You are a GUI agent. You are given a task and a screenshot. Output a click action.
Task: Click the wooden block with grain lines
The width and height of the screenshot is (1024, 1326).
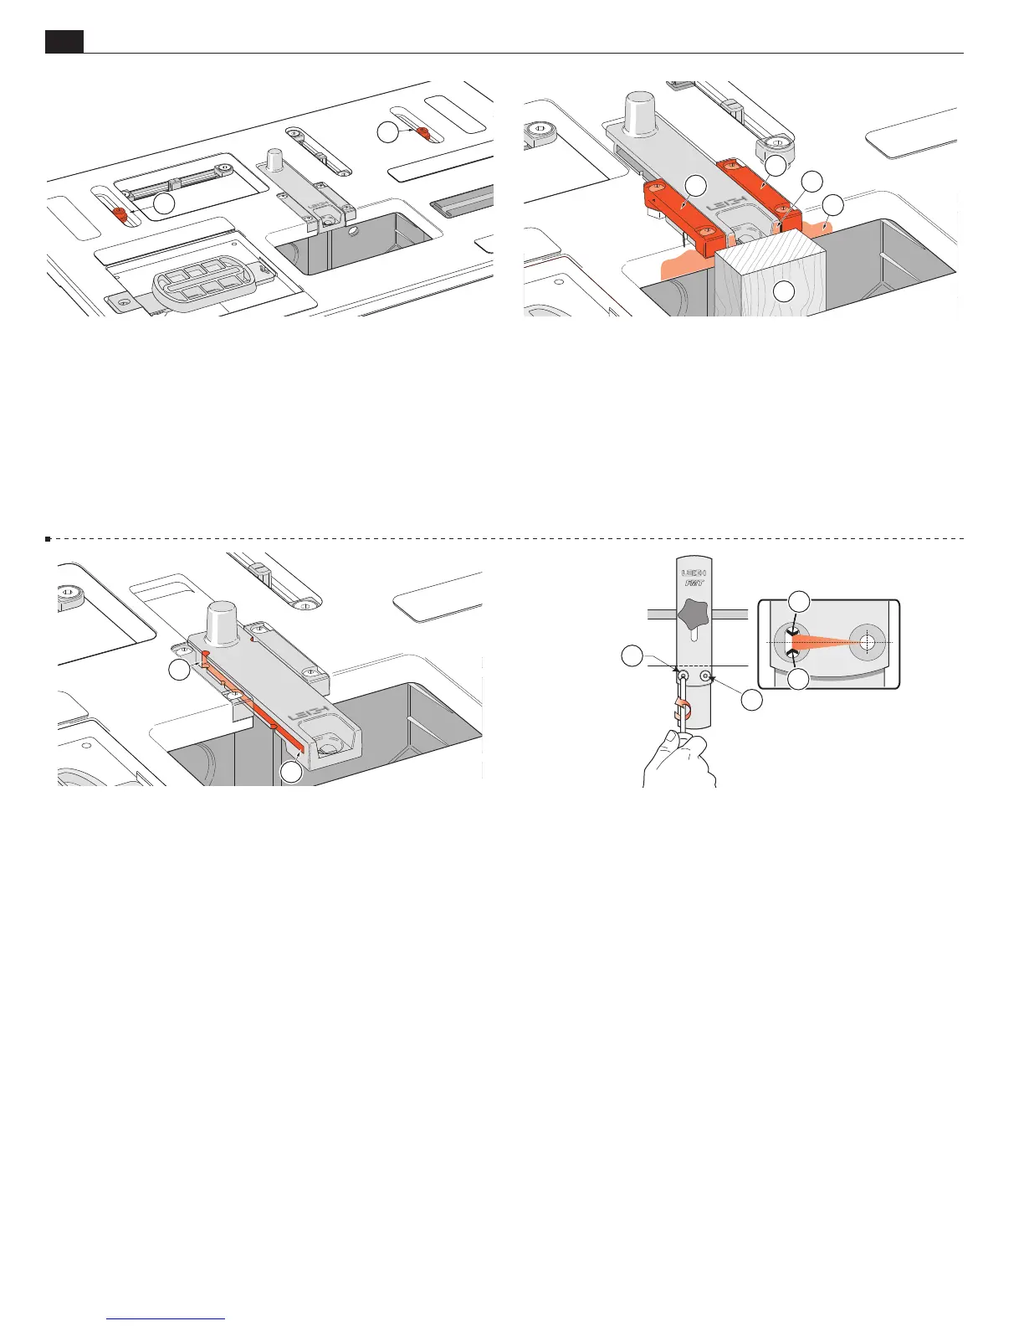tap(770, 276)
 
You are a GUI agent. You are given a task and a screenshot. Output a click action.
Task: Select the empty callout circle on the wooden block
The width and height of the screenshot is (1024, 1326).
tap(784, 292)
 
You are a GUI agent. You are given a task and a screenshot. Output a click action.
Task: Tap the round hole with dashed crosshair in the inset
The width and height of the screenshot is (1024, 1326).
tap(867, 642)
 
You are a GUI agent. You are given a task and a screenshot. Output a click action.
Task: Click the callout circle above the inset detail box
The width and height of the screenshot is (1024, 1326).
tap(800, 601)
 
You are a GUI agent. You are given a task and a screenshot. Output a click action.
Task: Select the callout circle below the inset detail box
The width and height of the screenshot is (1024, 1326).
tap(800, 681)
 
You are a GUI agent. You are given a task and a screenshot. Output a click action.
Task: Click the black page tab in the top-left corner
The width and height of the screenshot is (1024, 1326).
tap(64, 42)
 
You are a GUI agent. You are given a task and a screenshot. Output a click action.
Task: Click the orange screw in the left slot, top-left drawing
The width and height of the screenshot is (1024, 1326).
tap(120, 213)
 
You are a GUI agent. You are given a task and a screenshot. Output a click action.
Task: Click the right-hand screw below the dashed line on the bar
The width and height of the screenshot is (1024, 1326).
tap(706, 676)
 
